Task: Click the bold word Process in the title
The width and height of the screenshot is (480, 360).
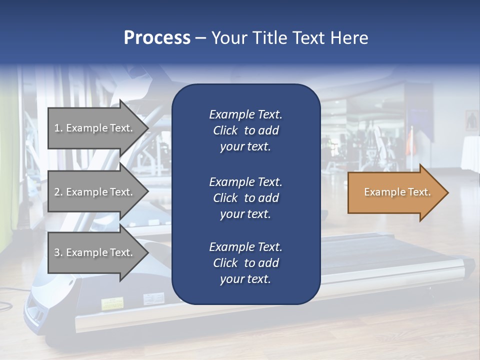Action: (x=157, y=38)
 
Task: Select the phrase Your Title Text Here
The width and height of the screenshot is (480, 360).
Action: (x=289, y=38)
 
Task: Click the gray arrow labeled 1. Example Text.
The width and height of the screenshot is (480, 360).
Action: (x=95, y=128)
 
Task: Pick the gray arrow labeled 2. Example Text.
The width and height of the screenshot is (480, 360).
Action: (x=95, y=192)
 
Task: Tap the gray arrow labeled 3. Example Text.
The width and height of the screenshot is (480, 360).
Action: (x=95, y=252)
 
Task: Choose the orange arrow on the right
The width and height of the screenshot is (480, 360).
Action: (x=395, y=192)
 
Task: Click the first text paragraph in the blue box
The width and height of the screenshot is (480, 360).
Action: (x=245, y=130)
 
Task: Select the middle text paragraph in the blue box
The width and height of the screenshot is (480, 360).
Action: (x=245, y=198)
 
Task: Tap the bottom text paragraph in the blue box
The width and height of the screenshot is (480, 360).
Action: (x=245, y=263)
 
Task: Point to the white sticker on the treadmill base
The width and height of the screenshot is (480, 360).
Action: (x=153, y=299)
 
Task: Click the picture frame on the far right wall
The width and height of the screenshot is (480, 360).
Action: (x=471, y=120)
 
